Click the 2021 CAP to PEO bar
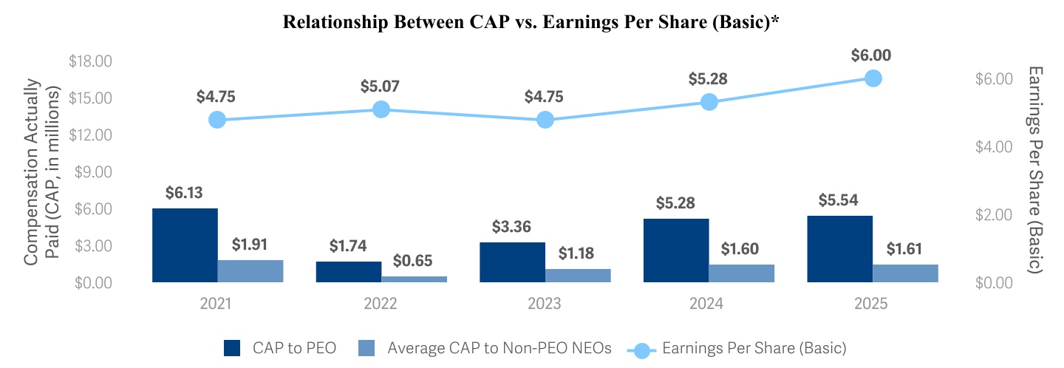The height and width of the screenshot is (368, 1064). (x=185, y=245)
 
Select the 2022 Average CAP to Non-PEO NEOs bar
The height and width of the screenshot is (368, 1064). (x=414, y=279)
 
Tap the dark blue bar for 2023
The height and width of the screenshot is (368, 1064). (x=513, y=262)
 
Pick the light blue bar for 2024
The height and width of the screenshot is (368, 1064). (x=742, y=273)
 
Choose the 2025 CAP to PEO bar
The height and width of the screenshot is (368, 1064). (x=840, y=248)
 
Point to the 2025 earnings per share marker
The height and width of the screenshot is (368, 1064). (x=873, y=78)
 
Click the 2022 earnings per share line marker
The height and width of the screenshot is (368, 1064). (x=381, y=109)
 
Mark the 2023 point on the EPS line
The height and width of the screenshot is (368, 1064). (x=545, y=120)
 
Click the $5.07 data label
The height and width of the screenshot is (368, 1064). (x=381, y=86)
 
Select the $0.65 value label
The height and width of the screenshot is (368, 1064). (x=414, y=261)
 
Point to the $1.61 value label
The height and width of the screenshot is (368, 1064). (x=905, y=248)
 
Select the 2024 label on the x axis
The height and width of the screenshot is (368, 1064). (x=709, y=304)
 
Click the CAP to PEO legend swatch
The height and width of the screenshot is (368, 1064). (x=233, y=347)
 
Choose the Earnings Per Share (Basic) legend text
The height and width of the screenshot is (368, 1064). (x=754, y=347)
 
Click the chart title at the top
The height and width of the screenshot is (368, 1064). (x=531, y=22)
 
